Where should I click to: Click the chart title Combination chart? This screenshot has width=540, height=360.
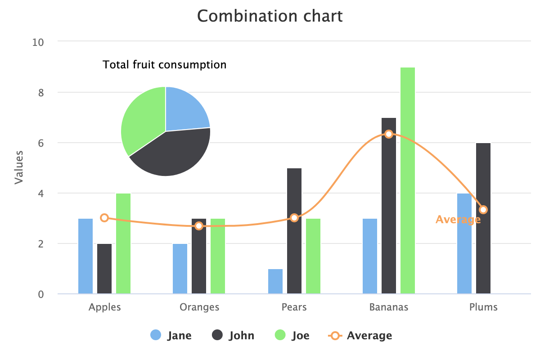[270, 17]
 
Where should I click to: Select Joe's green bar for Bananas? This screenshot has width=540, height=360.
[408, 180]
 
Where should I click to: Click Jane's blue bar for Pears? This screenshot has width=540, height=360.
[275, 282]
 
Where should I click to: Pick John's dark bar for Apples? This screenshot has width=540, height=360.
[104, 269]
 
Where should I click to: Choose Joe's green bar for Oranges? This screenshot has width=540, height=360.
[218, 256]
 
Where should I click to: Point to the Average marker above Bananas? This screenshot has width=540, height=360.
[389, 134]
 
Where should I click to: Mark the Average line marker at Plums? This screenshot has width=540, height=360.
[483, 210]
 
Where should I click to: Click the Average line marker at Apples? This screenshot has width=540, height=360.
[104, 218]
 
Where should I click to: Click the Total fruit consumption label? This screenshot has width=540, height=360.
[165, 65]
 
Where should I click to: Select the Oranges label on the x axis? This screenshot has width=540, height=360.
[199, 307]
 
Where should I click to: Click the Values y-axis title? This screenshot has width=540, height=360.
[19, 167]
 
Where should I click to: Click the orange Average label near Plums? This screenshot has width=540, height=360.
[458, 220]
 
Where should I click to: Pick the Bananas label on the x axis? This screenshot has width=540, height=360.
[389, 307]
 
